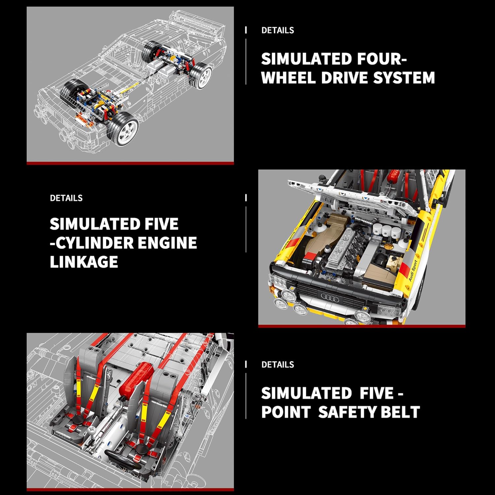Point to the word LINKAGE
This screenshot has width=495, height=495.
point(84,262)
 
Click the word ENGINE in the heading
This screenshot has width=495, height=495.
point(167,243)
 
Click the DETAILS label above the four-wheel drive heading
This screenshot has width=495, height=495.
point(278,30)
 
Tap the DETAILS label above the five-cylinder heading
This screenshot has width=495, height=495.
point(66,198)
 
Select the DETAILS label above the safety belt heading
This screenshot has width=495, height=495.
point(278,365)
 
